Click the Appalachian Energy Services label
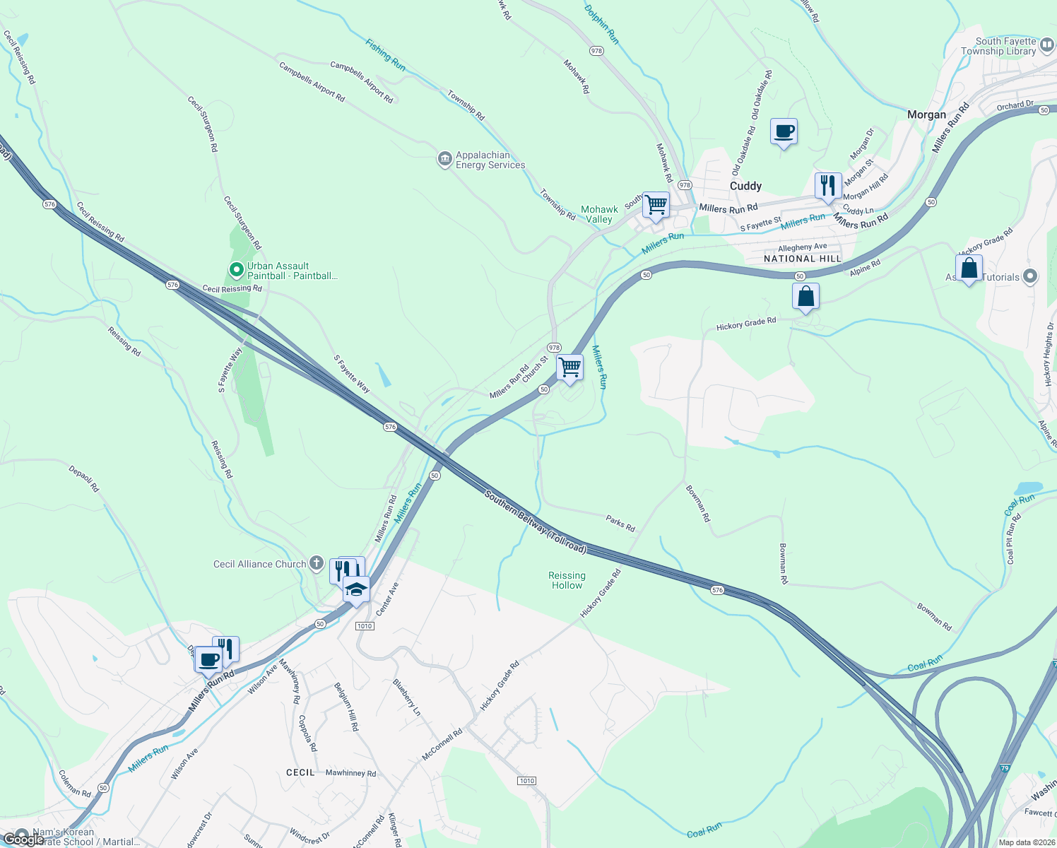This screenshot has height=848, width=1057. (x=490, y=160)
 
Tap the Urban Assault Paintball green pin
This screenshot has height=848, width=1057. (x=237, y=269)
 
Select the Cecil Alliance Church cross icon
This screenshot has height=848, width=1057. (x=317, y=563)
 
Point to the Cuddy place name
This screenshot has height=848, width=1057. (x=745, y=186)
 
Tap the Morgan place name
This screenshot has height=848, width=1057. (x=926, y=114)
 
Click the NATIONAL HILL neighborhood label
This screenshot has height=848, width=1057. (x=803, y=259)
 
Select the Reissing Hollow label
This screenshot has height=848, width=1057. (x=567, y=580)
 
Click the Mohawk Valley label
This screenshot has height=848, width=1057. (x=599, y=214)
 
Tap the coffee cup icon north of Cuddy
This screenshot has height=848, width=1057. (x=784, y=131)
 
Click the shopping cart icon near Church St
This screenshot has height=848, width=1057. (x=569, y=367)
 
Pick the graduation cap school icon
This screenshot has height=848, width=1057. (x=357, y=589)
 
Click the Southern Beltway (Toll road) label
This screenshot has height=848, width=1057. (x=536, y=522)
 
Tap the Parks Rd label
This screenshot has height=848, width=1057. (x=620, y=523)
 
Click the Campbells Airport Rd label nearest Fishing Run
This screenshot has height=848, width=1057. (x=361, y=83)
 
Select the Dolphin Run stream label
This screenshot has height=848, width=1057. (x=602, y=25)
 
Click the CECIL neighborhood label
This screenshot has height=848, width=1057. (x=300, y=772)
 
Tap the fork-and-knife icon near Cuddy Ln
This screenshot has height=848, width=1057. (x=827, y=186)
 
